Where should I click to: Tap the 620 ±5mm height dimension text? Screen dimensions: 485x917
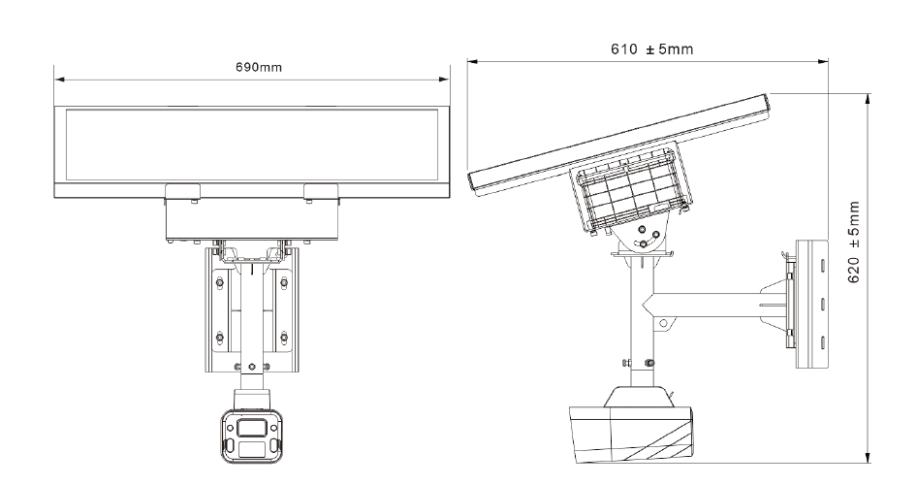point(854,242)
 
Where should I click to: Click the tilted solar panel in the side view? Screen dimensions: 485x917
point(620,141)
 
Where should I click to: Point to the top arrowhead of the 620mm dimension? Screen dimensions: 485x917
point(869,97)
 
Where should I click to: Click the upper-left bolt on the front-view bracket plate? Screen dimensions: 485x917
point(220,282)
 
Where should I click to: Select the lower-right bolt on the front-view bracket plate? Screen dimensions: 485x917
point(284,338)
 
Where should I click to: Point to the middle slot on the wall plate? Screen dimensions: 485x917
point(822,304)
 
